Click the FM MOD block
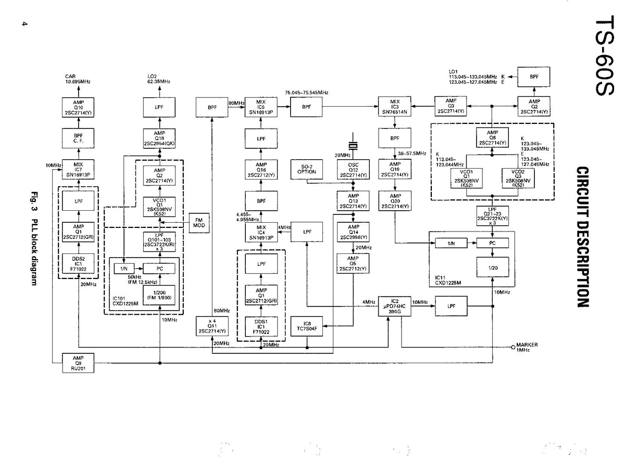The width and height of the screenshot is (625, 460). [x=198, y=224]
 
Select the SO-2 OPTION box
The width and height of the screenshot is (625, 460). [x=307, y=169]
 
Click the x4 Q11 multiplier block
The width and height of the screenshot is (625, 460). [x=213, y=325]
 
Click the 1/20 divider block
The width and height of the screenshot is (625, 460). [x=493, y=268]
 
